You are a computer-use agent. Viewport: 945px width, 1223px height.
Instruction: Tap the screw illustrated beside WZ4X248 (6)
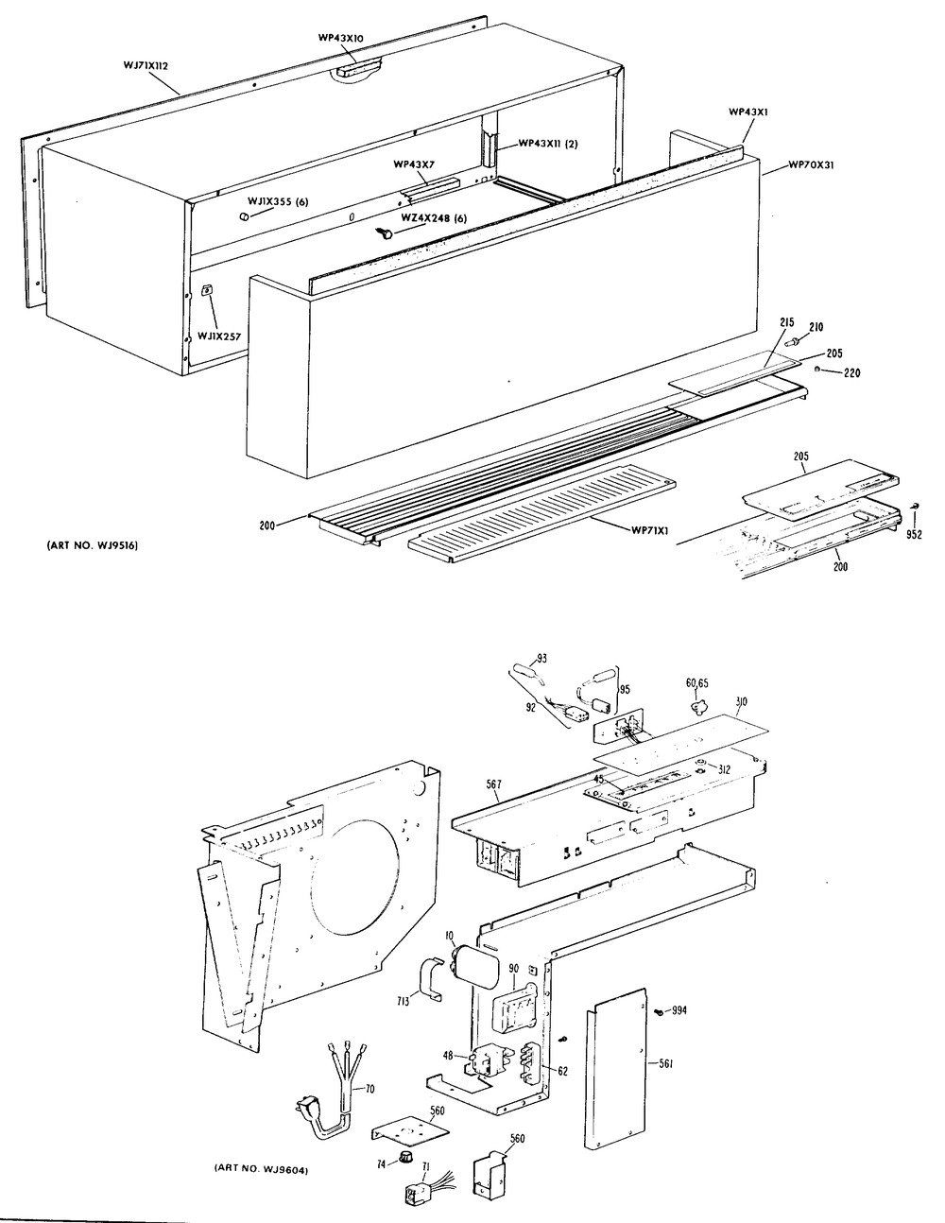[385, 233]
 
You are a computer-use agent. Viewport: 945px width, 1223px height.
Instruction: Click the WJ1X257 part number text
[220, 336]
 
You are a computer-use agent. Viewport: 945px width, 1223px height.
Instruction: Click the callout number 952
[914, 534]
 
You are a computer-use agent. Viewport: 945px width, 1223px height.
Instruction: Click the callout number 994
[679, 1012]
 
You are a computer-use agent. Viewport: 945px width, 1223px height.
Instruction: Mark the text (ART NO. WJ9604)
[258, 1171]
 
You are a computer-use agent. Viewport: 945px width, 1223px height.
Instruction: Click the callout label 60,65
[697, 681]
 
